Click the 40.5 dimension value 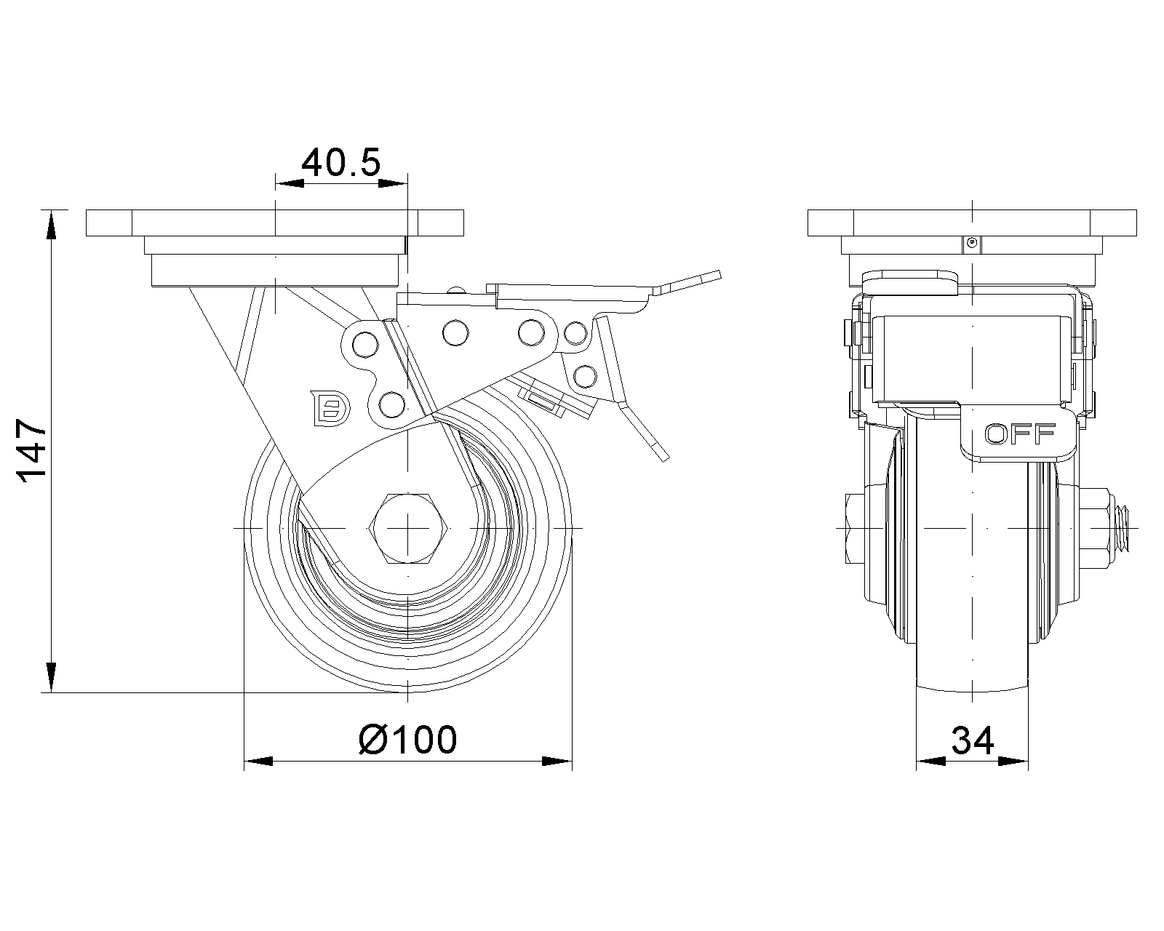(340, 163)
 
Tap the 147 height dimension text (33, 451)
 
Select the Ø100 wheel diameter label (408, 740)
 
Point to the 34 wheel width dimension (972, 741)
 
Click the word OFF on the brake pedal (1019, 434)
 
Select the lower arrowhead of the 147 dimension (51, 676)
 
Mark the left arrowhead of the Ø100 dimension (258, 762)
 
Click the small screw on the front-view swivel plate (970, 243)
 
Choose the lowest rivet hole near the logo (391, 404)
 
